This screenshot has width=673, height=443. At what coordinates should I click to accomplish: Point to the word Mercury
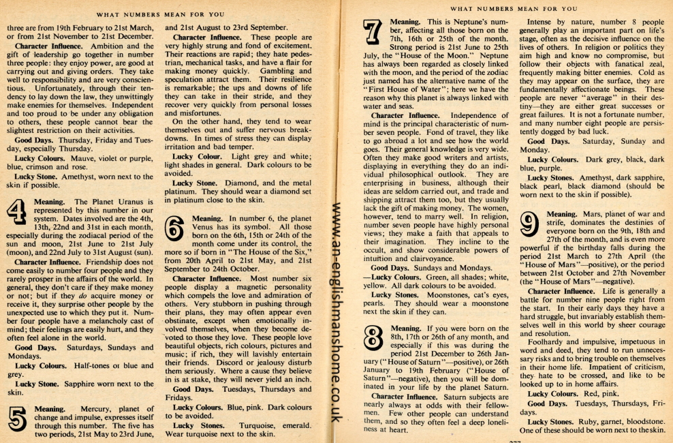click(84, 409)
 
